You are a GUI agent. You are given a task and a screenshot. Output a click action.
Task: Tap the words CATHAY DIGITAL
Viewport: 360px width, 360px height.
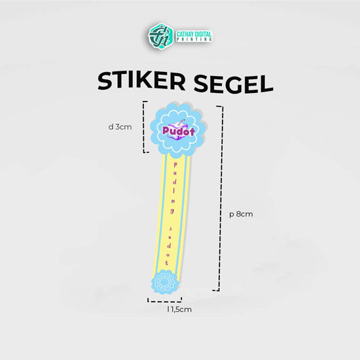[x=194, y=35]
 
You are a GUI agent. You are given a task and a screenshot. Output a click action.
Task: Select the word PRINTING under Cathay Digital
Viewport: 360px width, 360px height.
[x=194, y=39]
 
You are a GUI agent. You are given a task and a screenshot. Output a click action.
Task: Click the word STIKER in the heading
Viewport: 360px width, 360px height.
[x=141, y=81]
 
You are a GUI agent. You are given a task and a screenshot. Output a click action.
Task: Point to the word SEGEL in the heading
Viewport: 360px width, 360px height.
[x=233, y=84]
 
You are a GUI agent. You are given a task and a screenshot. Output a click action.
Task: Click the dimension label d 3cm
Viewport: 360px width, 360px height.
[x=120, y=127]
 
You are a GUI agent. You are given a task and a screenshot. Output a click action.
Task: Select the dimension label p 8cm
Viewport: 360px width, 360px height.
[x=241, y=214]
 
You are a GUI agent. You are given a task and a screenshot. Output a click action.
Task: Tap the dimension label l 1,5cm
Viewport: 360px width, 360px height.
[x=179, y=310]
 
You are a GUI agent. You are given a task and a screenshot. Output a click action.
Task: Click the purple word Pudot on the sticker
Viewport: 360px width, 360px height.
[x=179, y=131]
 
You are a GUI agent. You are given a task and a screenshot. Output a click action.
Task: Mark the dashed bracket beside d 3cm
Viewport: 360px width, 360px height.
[x=144, y=127]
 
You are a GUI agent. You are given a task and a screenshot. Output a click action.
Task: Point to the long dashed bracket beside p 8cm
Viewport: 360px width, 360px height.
[x=221, y=198]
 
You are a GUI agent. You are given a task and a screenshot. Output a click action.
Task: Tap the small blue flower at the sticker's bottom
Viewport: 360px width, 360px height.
[x=164, y=282]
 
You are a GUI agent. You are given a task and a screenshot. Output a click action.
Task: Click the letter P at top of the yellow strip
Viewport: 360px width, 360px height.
[x=175, y=164]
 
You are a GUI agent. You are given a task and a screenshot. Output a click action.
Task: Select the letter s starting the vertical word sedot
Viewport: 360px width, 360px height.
[x=171, y=228]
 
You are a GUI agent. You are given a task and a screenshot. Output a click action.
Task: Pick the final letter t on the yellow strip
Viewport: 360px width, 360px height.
[x=167, y=262]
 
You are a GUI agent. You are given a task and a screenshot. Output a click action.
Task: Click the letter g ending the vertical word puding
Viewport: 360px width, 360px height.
[x=172, y=211]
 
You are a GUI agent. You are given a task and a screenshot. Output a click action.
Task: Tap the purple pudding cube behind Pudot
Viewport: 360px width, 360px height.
[x=177, y=130]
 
